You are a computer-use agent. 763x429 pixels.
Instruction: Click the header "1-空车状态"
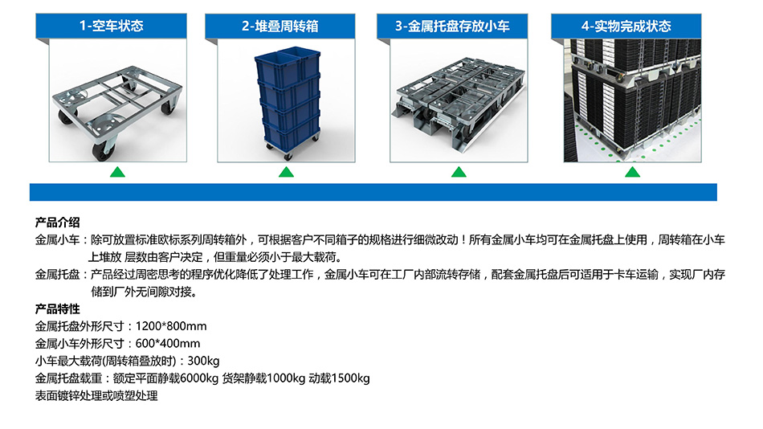pos(112,26)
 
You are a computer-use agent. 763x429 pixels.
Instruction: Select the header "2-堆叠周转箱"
pos(280,26)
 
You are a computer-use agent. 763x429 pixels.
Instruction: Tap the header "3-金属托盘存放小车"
pos(452,26)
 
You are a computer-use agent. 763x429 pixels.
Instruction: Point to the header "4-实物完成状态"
pos(626,26)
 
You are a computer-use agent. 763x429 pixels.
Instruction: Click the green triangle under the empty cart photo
pos(117,172)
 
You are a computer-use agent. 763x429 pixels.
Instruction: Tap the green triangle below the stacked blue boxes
pos(286,172)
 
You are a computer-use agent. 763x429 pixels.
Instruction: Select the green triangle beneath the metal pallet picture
pos(459,172)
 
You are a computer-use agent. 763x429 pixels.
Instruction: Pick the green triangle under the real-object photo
pos(632,172)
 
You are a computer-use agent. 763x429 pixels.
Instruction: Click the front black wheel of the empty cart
pos(103,150)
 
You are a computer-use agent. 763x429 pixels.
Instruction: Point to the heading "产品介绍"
pos(57,223)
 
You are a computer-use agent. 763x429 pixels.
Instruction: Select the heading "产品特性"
pos(57,309)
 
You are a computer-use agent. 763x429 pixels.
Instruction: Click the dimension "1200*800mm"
pos(171,326)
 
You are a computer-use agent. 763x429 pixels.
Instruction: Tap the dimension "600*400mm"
pos(167,344)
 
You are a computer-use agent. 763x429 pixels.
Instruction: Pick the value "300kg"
pos(203,361)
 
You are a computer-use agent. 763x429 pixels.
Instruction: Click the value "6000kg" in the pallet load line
pos(199,378)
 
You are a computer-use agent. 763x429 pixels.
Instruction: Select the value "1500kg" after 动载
pos(351,378)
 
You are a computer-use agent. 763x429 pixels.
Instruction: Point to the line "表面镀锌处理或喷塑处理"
pos(96,396)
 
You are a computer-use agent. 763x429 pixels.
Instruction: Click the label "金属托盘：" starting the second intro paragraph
pos(63,275)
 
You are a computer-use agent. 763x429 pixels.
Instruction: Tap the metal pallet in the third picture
pos(459,103)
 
